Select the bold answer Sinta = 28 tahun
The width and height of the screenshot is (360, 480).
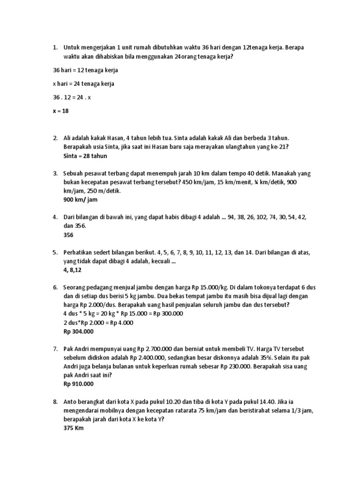(85, 156)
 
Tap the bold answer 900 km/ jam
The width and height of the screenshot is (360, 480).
(81, 200)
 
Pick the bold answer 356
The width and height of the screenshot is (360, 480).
(68, 235)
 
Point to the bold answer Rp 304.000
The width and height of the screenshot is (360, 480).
(79, 331)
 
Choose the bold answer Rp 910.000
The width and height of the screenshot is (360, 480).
(79, 384)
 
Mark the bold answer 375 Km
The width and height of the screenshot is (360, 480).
(73, 428)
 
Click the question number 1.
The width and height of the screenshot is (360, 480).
(55, 47)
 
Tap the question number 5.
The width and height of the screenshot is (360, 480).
(55, 253)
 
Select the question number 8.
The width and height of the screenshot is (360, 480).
(55, 402)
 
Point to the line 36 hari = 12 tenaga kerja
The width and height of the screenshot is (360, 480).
(85, 70)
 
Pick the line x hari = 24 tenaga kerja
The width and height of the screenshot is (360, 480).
(83, 84)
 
